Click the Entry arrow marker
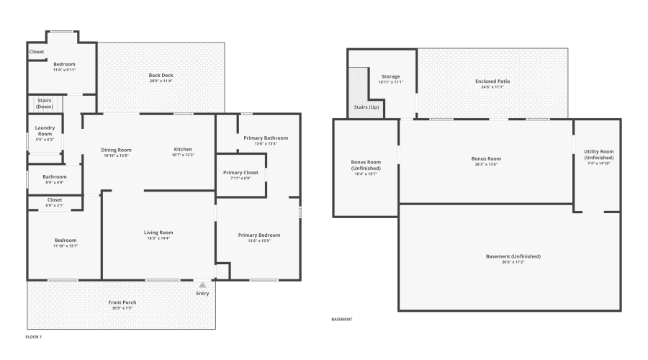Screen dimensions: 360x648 (202, 285)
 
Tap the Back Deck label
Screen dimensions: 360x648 (161, 75)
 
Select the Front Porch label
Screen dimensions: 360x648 (122, 302)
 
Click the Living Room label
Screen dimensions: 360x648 (158, 233)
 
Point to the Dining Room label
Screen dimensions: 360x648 (116, 149)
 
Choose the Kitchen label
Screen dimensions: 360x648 (183, 149)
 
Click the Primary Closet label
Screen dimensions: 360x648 (241, 173)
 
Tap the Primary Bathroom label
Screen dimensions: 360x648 (266, 138)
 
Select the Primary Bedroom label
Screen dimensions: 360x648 (259, 235)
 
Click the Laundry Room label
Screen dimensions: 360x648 (45, 131)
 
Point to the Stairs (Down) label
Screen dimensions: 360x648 (45, 104)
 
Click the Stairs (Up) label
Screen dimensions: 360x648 (366, 107)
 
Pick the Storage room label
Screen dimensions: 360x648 (391, 76)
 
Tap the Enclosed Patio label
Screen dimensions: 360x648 (492, 81)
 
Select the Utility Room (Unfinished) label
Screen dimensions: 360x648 (598, 154)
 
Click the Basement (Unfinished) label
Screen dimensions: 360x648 (513, 256)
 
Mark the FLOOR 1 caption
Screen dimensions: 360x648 (34, 336)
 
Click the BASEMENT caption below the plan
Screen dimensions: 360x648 (342, 319)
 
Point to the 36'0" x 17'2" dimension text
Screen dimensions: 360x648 (513, 262)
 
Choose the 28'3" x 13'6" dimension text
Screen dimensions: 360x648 (485, 164)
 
